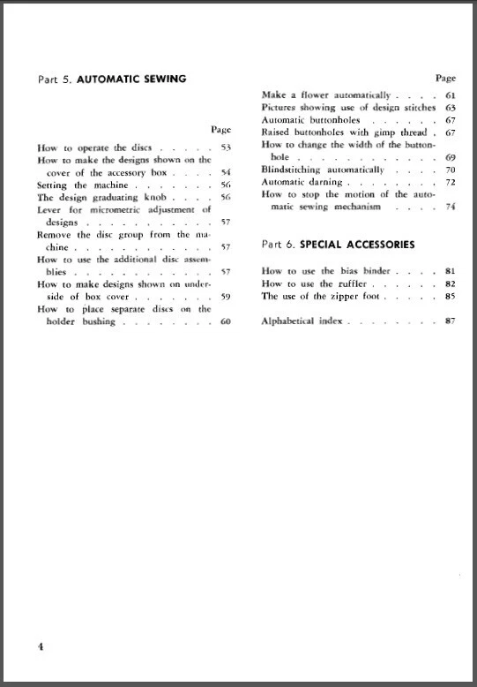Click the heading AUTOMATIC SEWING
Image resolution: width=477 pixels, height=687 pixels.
[131, 79]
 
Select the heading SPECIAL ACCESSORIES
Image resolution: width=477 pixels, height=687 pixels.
[359, 244]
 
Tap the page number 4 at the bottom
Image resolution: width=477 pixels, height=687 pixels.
[41, 646]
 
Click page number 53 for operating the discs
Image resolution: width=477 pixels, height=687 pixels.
[225, 148]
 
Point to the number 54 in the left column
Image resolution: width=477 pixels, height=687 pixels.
[225, 173]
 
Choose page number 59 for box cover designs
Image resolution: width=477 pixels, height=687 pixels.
[225, 297]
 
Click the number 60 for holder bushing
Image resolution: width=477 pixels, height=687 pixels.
[225, 321]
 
